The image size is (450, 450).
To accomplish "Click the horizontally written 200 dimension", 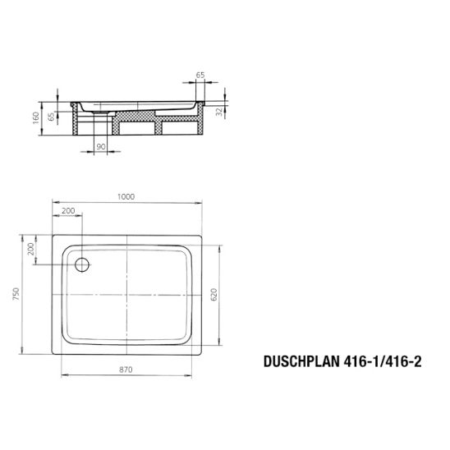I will [67, 212].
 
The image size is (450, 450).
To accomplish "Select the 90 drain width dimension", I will [100, 146].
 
